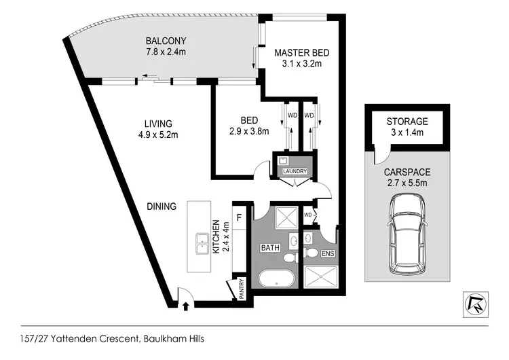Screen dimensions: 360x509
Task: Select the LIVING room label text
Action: click(x=157, y=124)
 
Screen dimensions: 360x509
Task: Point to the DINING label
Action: click(x=160, y=206)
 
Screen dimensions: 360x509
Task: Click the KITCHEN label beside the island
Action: click(x=216, y=236)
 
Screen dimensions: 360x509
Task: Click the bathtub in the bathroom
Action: click(x=276, y=279)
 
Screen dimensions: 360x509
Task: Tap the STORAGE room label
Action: click(x=407, y=122)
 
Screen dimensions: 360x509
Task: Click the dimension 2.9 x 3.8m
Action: click(x=249, y=132)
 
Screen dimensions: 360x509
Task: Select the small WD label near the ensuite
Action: click(x=308, y=215)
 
